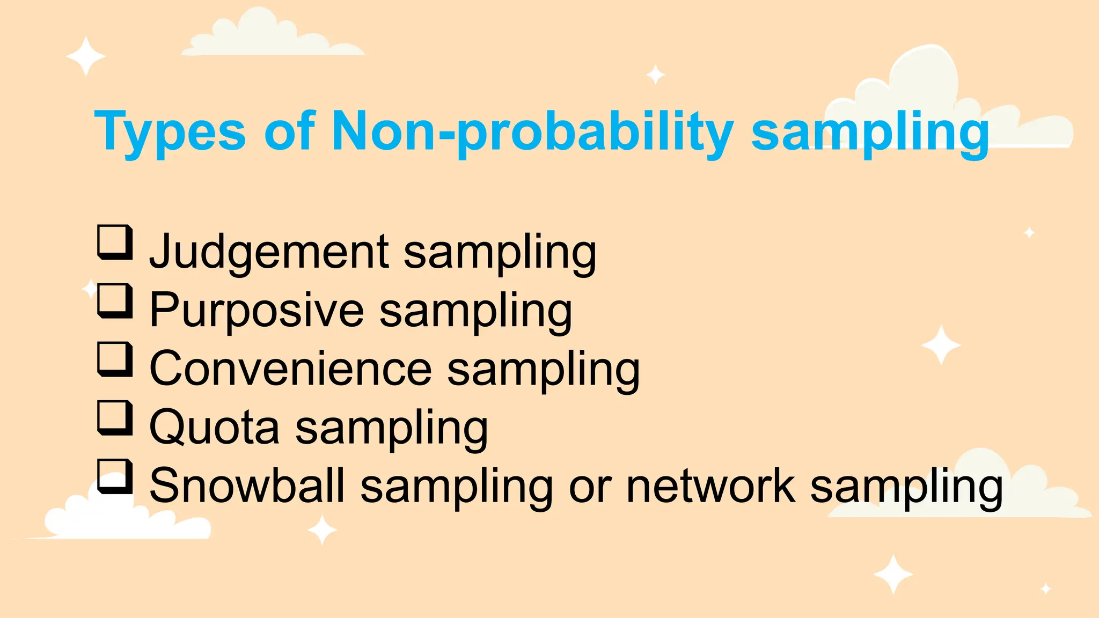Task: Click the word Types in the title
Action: [x=170, y=132]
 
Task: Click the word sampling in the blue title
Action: [x=869, y=132]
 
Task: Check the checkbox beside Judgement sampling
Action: [x=115, y=242]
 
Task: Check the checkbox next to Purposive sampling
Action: [x=115, y=301]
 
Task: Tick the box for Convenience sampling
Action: [x=115, y=359]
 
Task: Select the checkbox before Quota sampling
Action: [x=115, y=418]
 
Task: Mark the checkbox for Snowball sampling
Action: [x=115, y=476]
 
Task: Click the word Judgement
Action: [x=268, y=252]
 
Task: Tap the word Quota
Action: [x=214, y=428]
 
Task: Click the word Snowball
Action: [x=246, y=486]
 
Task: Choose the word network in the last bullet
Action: [x=710, y=486]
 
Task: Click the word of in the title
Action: [x=289, y=132]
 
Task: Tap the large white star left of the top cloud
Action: [x=85, y=56]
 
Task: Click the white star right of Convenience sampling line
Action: [x=941, y=345]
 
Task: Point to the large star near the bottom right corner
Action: [x=893, y=575]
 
